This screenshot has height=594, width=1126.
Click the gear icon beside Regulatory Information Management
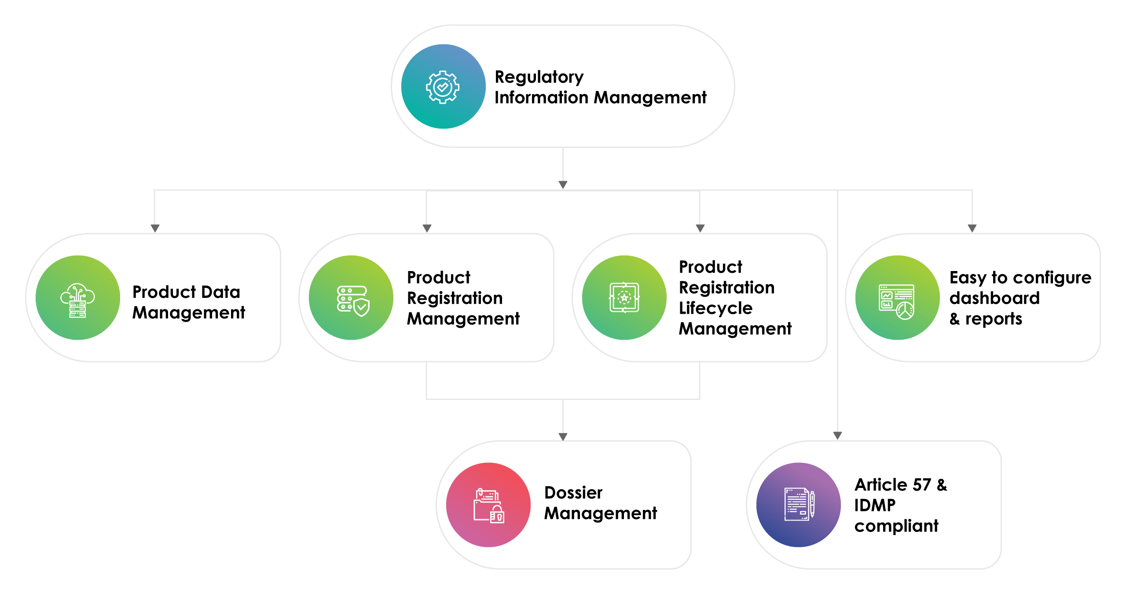pyautogui.click(x=443, y=87)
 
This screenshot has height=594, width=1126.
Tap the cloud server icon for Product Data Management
pyautogui.click(x=77, y=300)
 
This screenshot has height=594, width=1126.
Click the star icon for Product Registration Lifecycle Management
pyautogui.click(x=624, y=298)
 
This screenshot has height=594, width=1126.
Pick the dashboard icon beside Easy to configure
pyautogui.click(x=896, y=301)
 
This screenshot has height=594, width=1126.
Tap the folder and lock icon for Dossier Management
pyautogui.click(x=488, y=506)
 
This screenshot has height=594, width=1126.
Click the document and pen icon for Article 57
pyautogui.click(x=799, y=504)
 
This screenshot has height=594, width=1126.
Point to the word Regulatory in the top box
pyautogui.click(x=539, y=77)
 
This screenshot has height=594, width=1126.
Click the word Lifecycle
pyautogui.click(x=715, y=308)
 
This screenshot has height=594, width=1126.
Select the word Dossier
pyautogui.click(x=573, y=493)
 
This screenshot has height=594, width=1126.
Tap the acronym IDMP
pyautogui.click(x=875, y=505)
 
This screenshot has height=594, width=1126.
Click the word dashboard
pyautogui.click(x=994, y=298)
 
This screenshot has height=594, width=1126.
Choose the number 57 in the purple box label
pyautogui.click(x=922, y=485)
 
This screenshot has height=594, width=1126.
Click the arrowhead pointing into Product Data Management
pyautogui.click(x=155, y=228)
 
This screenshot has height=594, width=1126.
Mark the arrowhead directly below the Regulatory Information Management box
pyautogui.click(x=563, y=184)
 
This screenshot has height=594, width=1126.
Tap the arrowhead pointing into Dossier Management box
pyautogui.click(x=563, y=436)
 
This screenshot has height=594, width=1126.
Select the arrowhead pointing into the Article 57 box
pyautogui.click(x=837, y=435)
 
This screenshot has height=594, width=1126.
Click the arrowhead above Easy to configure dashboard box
pyautogui.click(x=972, y=228)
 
